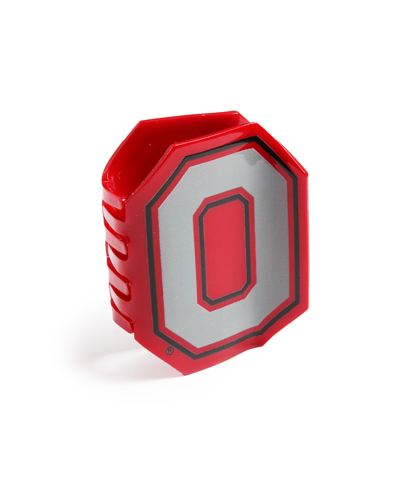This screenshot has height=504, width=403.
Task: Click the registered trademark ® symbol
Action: pos(169,350)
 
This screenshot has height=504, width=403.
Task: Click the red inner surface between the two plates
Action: pos(149,157)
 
